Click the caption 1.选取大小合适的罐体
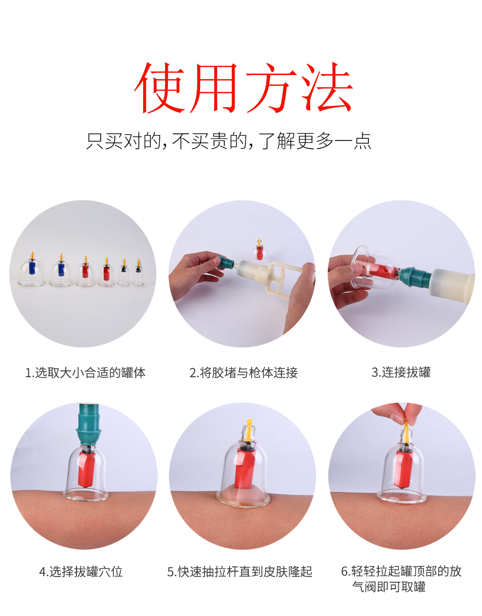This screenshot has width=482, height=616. point(85,373)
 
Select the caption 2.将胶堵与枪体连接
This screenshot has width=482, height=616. point(243,373)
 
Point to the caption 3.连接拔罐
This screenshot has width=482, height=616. point(401,372)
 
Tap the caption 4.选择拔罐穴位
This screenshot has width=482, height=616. point(81,571)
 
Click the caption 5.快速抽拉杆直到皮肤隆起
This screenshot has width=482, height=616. point(240,571)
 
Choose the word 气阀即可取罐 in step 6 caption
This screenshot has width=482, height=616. point(389,587)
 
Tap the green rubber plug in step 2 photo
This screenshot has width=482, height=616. point(225,263)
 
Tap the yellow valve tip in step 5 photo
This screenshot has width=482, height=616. point(249,423)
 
